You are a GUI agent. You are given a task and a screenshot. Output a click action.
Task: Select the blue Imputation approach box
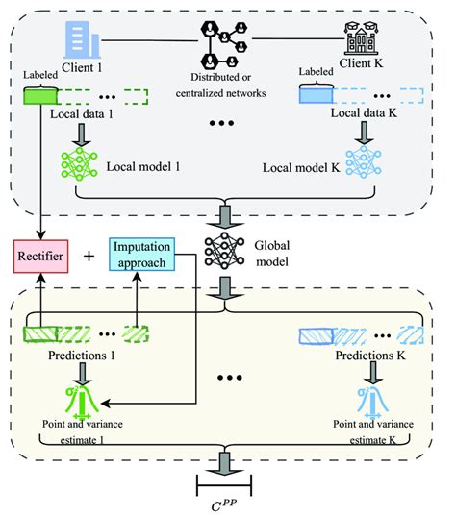(x=139, y=255)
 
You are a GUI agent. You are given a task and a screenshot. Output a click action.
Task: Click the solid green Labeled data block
(x=42, y=96)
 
